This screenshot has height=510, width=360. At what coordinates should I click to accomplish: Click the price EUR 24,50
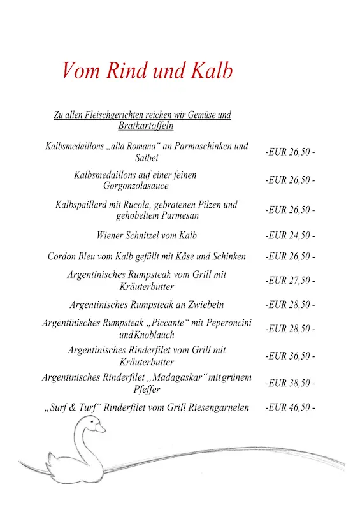pyautogui.click(x=290, y=236)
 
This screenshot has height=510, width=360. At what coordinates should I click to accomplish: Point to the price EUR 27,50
pyautogui.click(x=290, y=280)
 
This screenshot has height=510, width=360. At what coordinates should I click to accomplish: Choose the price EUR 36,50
pyautogui.click(x=290, y=356)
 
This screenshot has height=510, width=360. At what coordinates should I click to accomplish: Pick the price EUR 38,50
pyautogui.click(x=290, y=383)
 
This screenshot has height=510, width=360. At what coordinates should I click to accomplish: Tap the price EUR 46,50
pyautogui.click(x=290, y=407)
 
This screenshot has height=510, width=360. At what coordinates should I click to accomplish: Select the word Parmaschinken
pyautogui.click(x=198, y=147)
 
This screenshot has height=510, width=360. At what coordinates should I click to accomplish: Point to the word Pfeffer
pyautogui.click(x=147, y=390)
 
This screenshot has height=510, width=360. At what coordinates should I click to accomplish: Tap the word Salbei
pyautogui.click(x=147, y=158)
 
